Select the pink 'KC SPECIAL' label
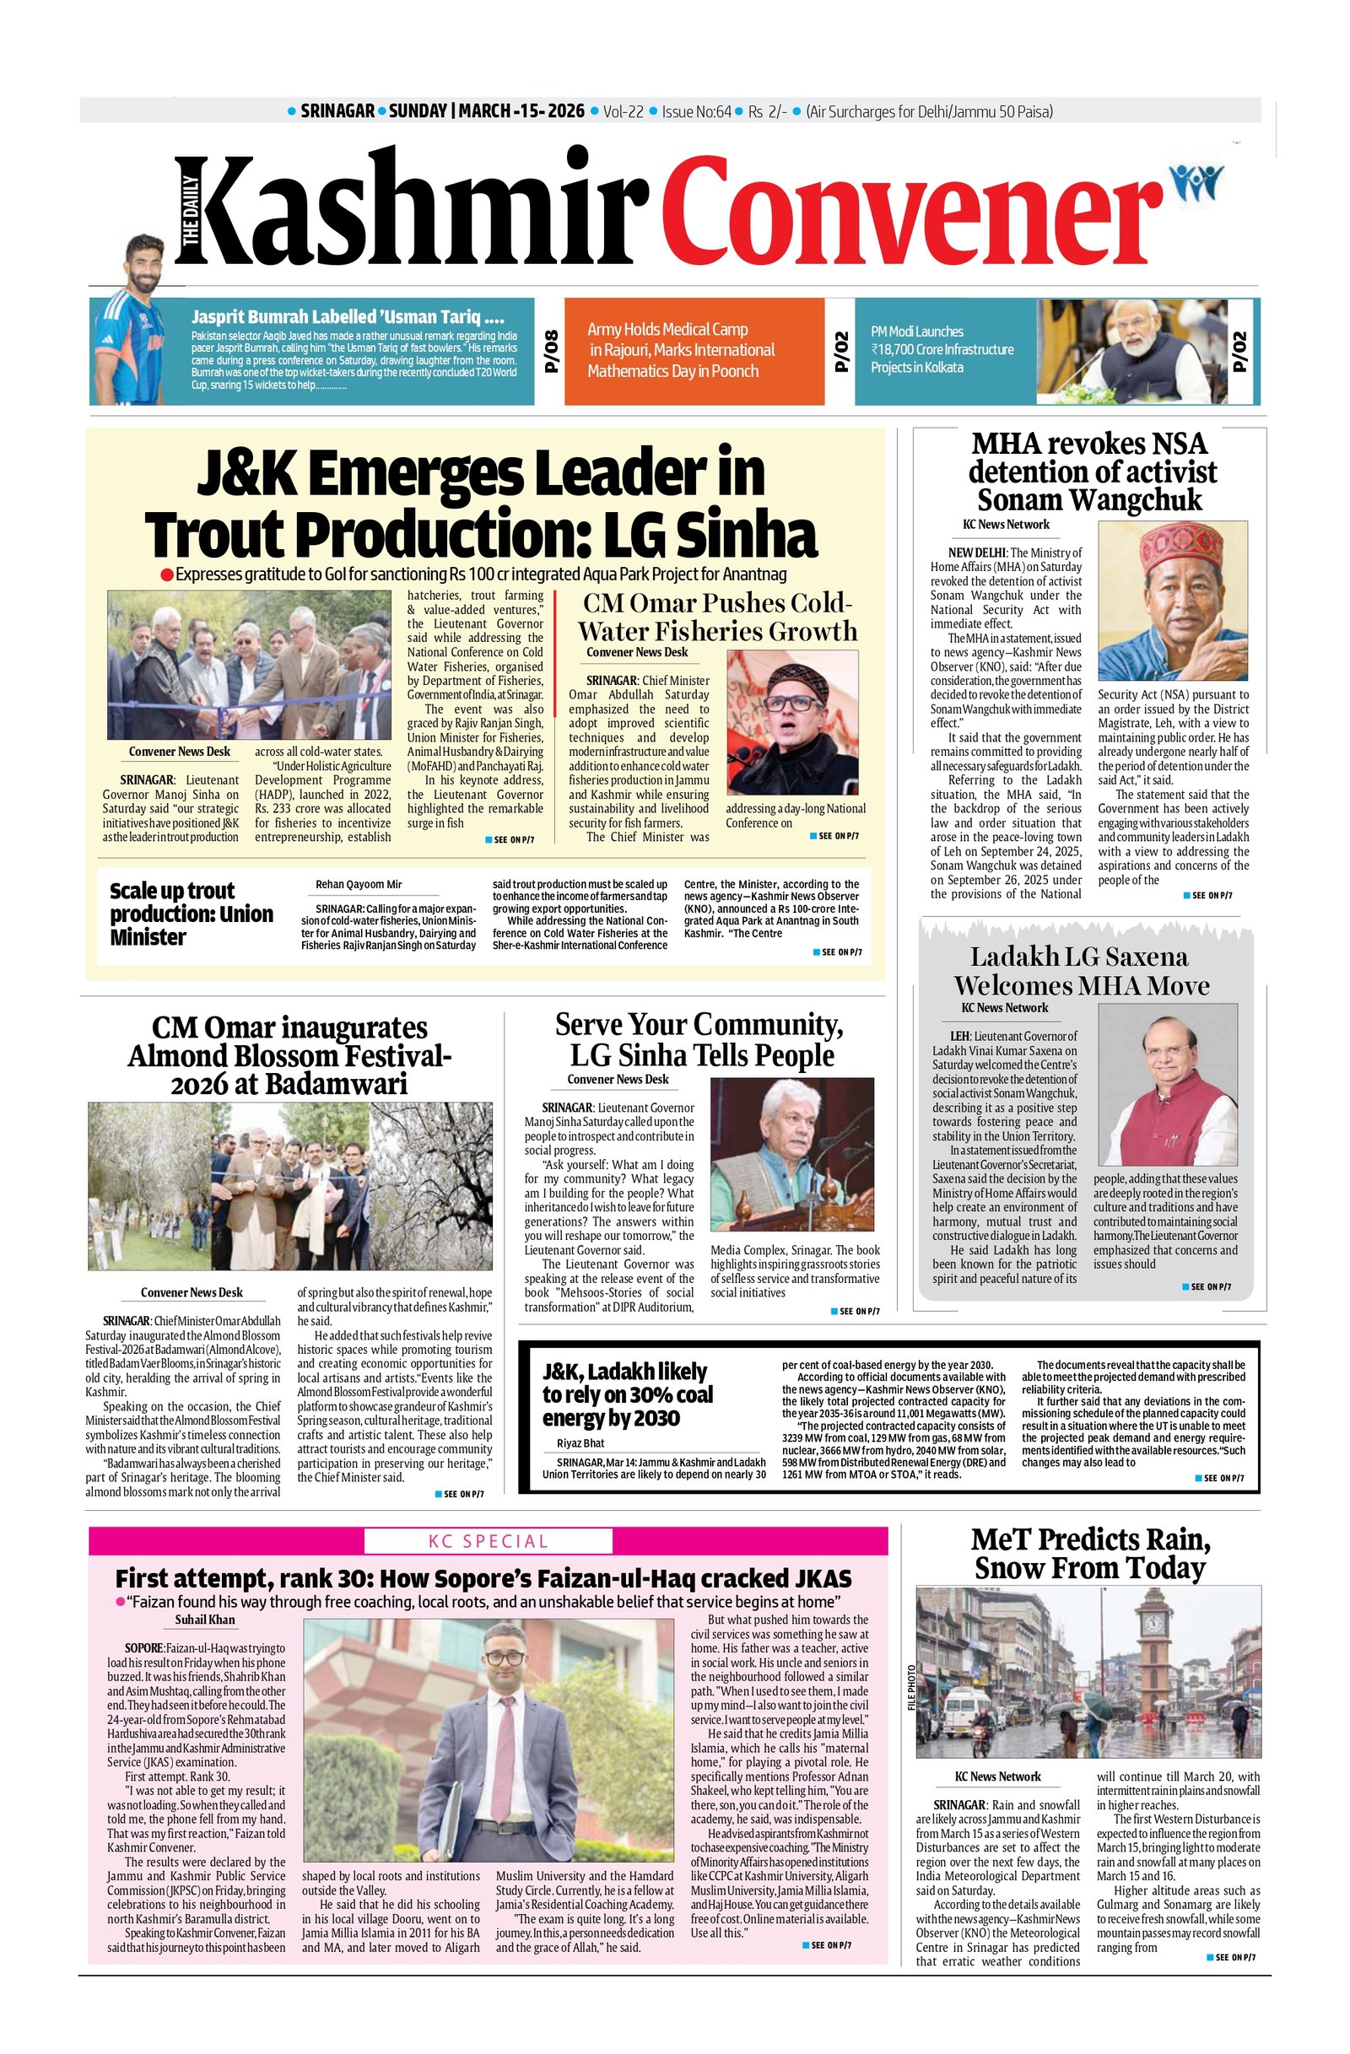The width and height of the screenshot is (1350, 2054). [488, 1540]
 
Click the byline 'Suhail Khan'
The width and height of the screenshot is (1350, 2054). [204, 1619]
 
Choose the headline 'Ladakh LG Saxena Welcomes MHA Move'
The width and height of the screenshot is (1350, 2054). [1081, 971]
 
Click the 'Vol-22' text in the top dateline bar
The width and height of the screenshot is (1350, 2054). [624, 111]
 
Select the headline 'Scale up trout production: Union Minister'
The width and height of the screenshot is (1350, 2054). [191, 913]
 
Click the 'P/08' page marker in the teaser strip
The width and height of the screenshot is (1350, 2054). [550, 350]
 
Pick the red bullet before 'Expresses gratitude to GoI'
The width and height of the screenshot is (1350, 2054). [165, 574]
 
